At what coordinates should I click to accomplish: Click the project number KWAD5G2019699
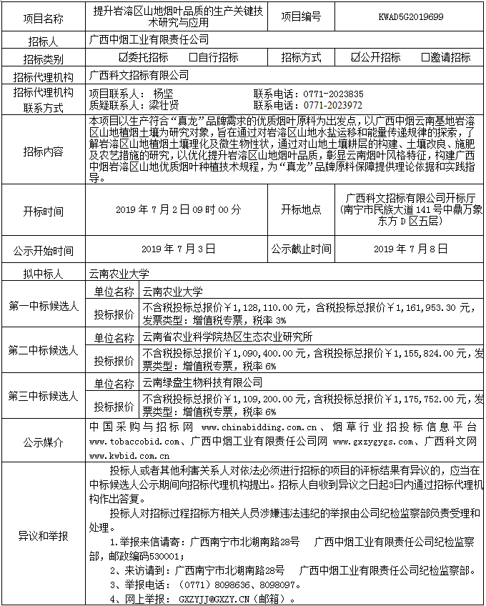411,15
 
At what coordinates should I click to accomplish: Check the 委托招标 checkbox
123,58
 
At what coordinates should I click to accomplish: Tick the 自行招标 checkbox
193,58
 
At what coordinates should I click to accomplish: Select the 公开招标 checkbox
356,58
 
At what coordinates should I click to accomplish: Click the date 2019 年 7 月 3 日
178,249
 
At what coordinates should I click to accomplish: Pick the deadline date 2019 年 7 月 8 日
410,249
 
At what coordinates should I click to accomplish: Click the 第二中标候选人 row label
43,351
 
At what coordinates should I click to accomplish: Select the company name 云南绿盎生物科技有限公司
202,384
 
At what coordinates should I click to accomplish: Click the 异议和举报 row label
43,535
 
